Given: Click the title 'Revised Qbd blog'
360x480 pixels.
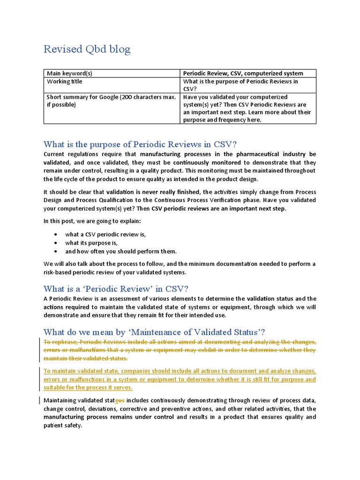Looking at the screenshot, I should click(87, 49).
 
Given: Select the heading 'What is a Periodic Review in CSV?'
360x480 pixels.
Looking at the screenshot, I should click(116, 288).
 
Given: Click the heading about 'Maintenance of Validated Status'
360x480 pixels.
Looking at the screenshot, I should click(154, 332).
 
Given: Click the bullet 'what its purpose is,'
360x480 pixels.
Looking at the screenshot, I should click(91, 243).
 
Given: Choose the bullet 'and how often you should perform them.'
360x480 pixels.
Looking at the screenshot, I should click(121, 251).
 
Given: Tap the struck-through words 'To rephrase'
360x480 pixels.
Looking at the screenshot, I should click(60, 342).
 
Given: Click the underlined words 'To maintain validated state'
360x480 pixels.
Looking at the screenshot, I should click(79, 371).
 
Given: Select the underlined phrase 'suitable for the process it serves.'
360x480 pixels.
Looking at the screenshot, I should click(88, 388).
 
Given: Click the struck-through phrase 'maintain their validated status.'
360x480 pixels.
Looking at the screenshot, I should click(85, 359).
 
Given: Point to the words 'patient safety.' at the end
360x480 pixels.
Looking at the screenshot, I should click(63, 426).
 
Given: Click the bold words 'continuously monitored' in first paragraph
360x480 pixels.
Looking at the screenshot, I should click(199, 163).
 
